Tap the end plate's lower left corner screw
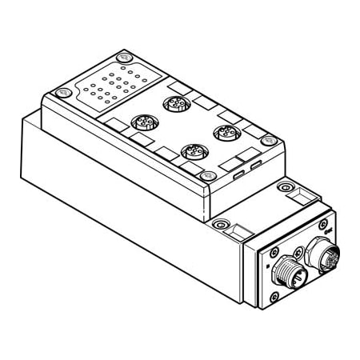[x=274, y=298]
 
